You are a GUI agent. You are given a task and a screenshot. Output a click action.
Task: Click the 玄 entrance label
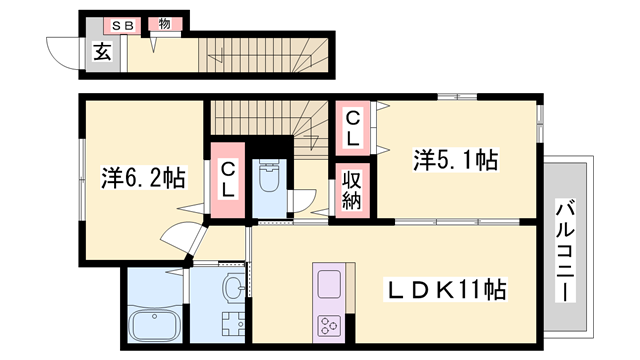tap(102, 54)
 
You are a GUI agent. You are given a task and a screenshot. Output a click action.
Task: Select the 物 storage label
tap(159, 23)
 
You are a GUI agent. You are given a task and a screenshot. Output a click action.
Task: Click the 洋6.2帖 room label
tap(144, 178)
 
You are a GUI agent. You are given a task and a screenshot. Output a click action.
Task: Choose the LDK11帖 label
tap(446, 290)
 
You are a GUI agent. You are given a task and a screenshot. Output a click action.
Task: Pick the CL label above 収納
tap(354, 126)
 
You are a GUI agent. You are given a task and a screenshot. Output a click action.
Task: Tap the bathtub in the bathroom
tap(155, 324)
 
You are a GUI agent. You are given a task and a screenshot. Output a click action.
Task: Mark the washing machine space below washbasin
tap(233, 324)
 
